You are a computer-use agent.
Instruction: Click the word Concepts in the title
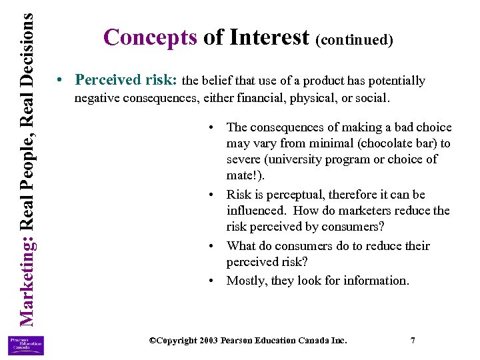(x=150, y=37)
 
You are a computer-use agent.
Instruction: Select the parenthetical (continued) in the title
(x=355, y=39)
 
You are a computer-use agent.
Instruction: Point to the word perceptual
(x=289, y=195)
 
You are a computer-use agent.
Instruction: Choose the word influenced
(x=255, y=211)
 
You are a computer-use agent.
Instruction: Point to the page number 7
(x=413, y=340)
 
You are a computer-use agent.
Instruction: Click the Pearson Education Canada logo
(x=26, y=345)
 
